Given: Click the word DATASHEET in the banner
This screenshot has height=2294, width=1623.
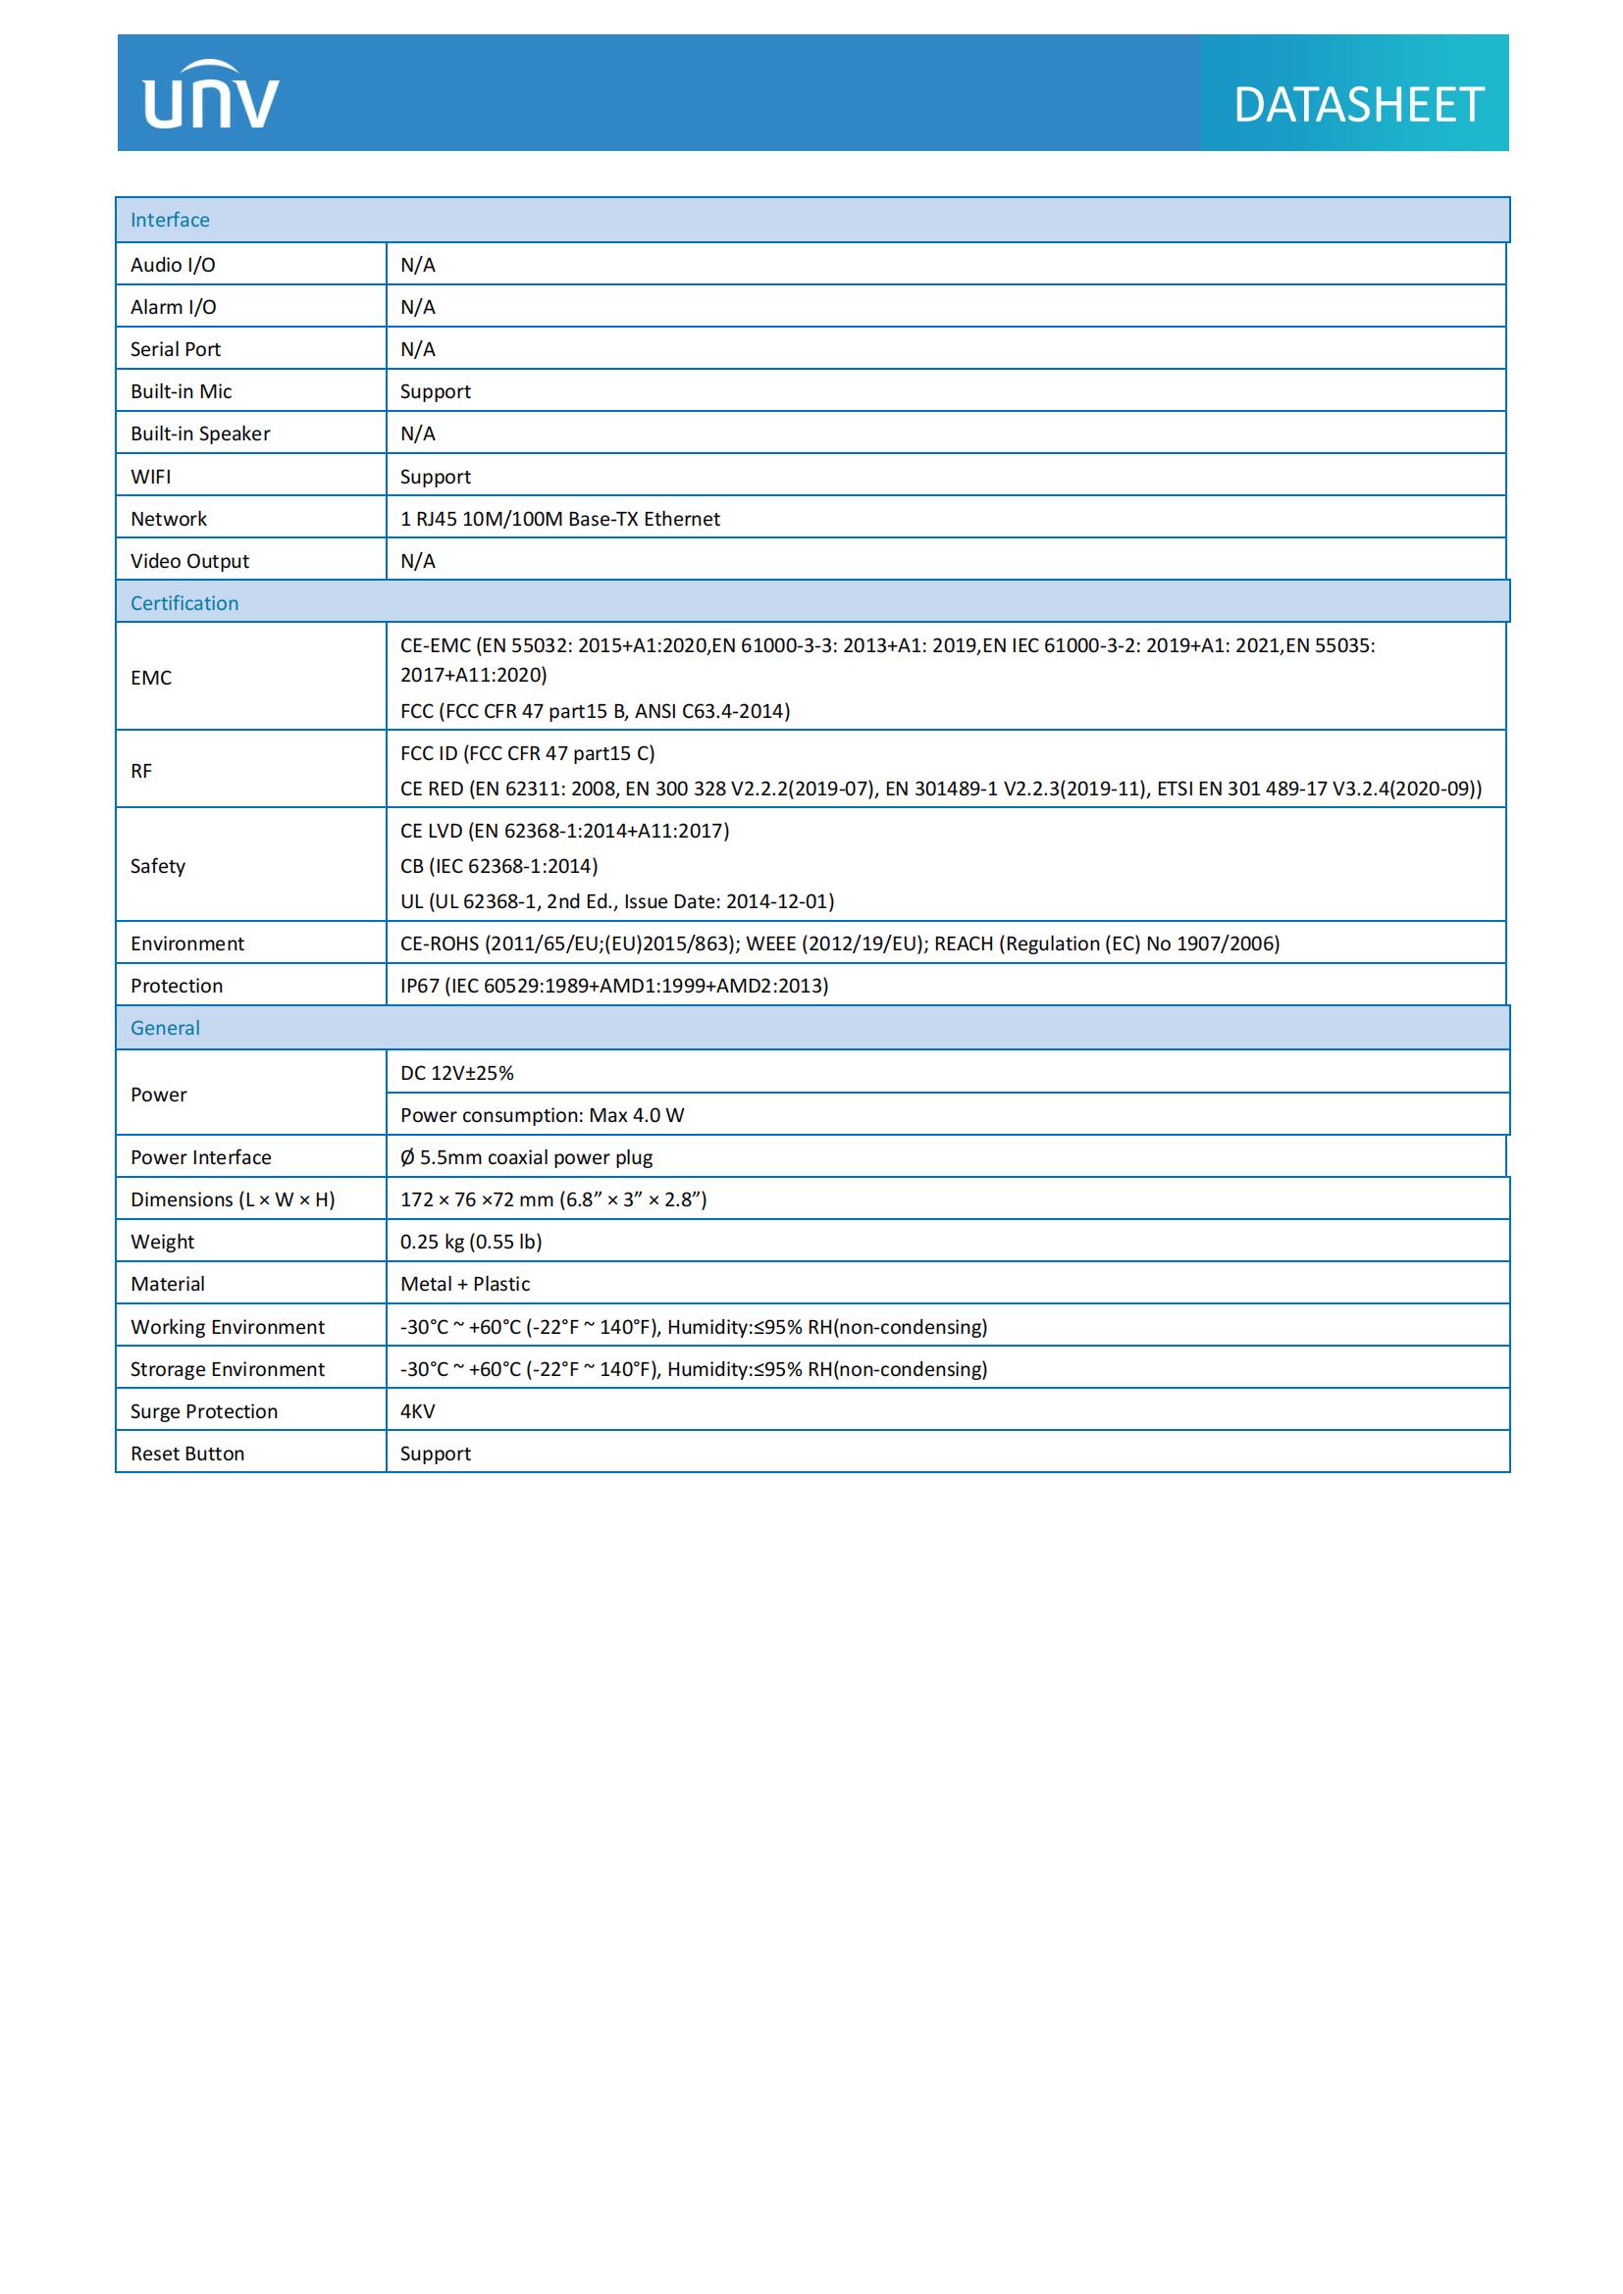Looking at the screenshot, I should coord(1357,105).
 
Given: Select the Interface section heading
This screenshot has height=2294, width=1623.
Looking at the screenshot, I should coord(170,220).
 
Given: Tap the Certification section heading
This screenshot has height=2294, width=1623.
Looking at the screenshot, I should coord(183,603).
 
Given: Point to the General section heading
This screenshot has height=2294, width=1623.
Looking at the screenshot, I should coord(165,1028).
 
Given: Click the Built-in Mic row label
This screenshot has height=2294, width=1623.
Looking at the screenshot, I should coord(181,391).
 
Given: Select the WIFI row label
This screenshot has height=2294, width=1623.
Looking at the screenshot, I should coord(151,477).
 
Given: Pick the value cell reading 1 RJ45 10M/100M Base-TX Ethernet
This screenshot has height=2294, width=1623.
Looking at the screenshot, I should coord(559,519).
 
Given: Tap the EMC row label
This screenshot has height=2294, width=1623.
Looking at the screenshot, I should coord(151,678).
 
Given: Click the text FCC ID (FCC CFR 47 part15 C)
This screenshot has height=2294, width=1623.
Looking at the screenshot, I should coord(528,753).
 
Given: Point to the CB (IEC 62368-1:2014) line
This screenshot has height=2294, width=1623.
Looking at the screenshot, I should coord(498,866).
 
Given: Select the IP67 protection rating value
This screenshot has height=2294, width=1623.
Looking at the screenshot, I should coord(613,986).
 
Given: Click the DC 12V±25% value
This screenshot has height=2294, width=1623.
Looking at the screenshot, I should coord(456,1073).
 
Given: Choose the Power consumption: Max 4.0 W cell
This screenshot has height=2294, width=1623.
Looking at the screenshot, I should coord(542,1115).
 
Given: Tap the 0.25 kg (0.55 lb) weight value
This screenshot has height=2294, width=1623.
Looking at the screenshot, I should coord(471,1242).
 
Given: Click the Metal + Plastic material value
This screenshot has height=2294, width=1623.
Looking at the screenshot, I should coord(465,1284).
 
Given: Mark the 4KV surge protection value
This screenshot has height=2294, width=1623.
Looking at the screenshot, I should coord(418,1411).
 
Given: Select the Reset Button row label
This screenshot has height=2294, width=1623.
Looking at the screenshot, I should coord(186,1453).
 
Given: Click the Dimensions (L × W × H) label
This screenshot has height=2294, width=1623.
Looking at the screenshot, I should coord(233,1199).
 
